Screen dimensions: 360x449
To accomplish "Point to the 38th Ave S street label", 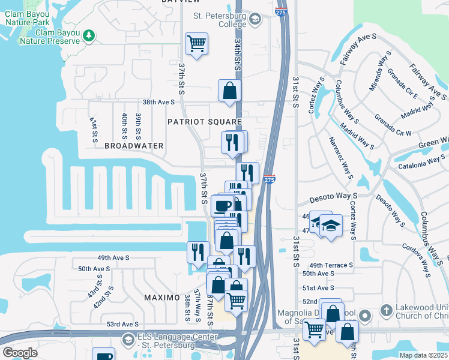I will (x=158, y=103).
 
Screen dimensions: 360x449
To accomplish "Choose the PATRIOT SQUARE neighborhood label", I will (x=204, y=121).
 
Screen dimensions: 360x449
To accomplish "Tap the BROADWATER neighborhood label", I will (x=134, y=146).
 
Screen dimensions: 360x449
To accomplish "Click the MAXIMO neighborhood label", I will (x=162, y=298).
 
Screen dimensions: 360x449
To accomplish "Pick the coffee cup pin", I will (x=223, y=205).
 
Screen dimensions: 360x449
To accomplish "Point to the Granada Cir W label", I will (x=393, y=124).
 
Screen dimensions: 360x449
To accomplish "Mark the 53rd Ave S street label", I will (x=122, y=324).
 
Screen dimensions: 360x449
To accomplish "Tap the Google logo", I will (x=20, y=353).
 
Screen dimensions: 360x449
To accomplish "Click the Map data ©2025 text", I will (x=423, y=355).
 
